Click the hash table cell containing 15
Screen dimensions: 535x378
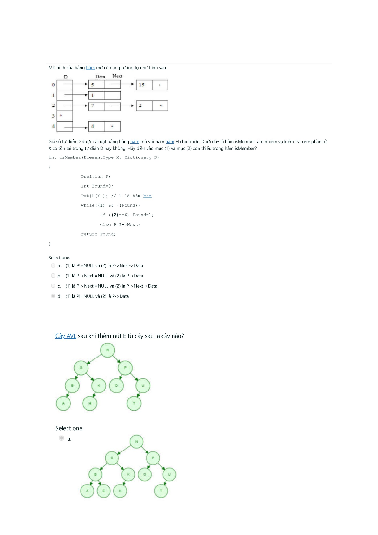(144, 85)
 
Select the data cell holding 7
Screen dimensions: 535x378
(96, 106)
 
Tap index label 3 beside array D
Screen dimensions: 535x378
(53, 116)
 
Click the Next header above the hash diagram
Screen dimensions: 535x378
(117, 76)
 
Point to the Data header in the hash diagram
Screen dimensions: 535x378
(100, 77)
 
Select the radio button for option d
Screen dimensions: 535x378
(53, 296)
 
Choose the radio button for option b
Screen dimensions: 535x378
(53, 276)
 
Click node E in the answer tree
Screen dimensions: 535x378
(104, 491)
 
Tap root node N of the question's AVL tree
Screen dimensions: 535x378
(108, 350)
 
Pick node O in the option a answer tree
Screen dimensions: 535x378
(145, 474)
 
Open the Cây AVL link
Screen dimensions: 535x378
(66, 336)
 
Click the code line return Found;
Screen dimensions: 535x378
(98, 234)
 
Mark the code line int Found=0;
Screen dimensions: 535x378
(97, 186)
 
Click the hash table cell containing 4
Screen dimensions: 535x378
(96, 126)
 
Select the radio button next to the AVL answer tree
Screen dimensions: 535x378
(62, 438)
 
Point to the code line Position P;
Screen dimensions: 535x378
(96, 177)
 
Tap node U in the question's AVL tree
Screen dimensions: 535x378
(143, 385)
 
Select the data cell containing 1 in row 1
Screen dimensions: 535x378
(96, 95)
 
